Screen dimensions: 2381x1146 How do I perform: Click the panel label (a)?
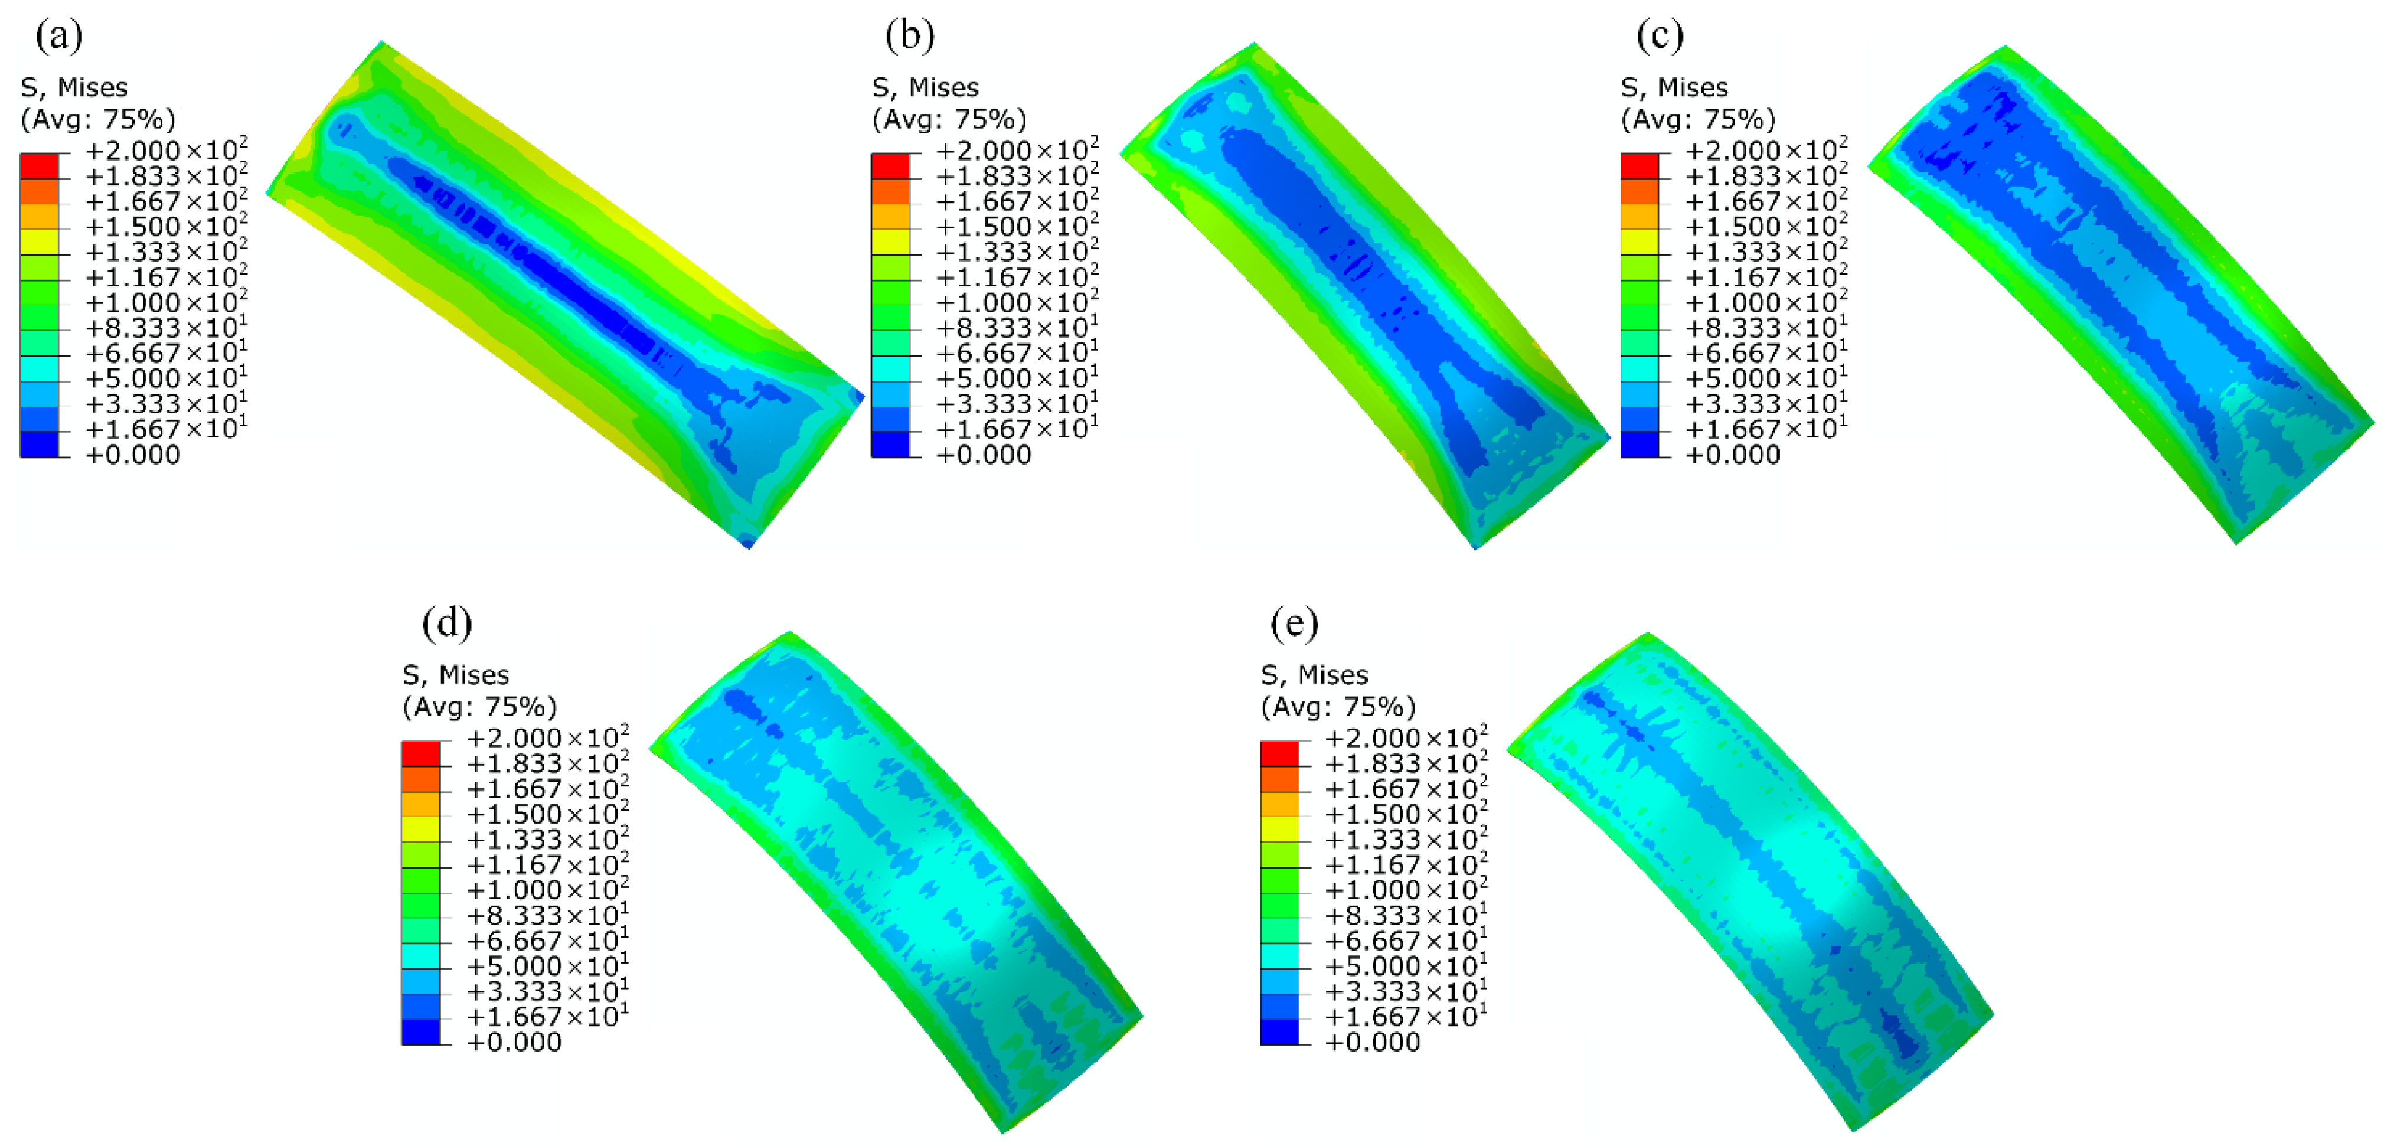59,36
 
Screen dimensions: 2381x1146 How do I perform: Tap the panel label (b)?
910,36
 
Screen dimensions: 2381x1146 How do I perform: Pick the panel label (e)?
1294,624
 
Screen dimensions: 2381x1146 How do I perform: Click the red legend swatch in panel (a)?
39,166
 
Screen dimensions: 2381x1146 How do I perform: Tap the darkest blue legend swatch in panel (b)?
890,445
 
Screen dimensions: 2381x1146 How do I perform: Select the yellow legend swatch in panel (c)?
1639,242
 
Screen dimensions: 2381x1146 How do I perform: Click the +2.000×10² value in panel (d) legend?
548,737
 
